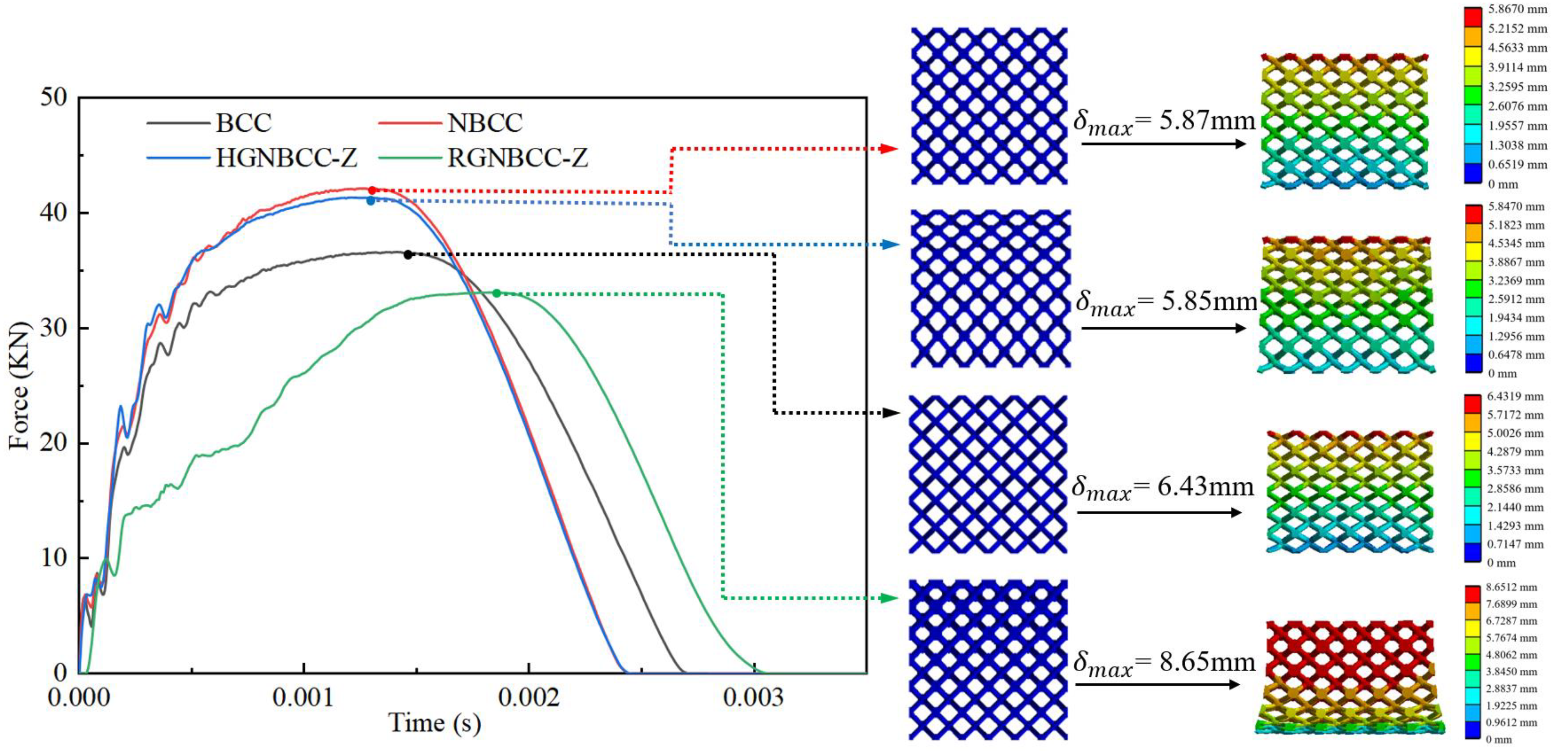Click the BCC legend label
[244, 123]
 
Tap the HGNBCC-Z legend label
[287, 158]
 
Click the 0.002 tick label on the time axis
[529, 698]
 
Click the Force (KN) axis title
[19, 386]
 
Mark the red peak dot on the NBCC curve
[372, 191]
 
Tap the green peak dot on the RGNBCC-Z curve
[496, 293]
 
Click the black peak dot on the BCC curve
[408, 255]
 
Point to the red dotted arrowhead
[890, 148]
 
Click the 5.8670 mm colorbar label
[1517, 9]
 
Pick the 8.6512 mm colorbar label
[1511, 587]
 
